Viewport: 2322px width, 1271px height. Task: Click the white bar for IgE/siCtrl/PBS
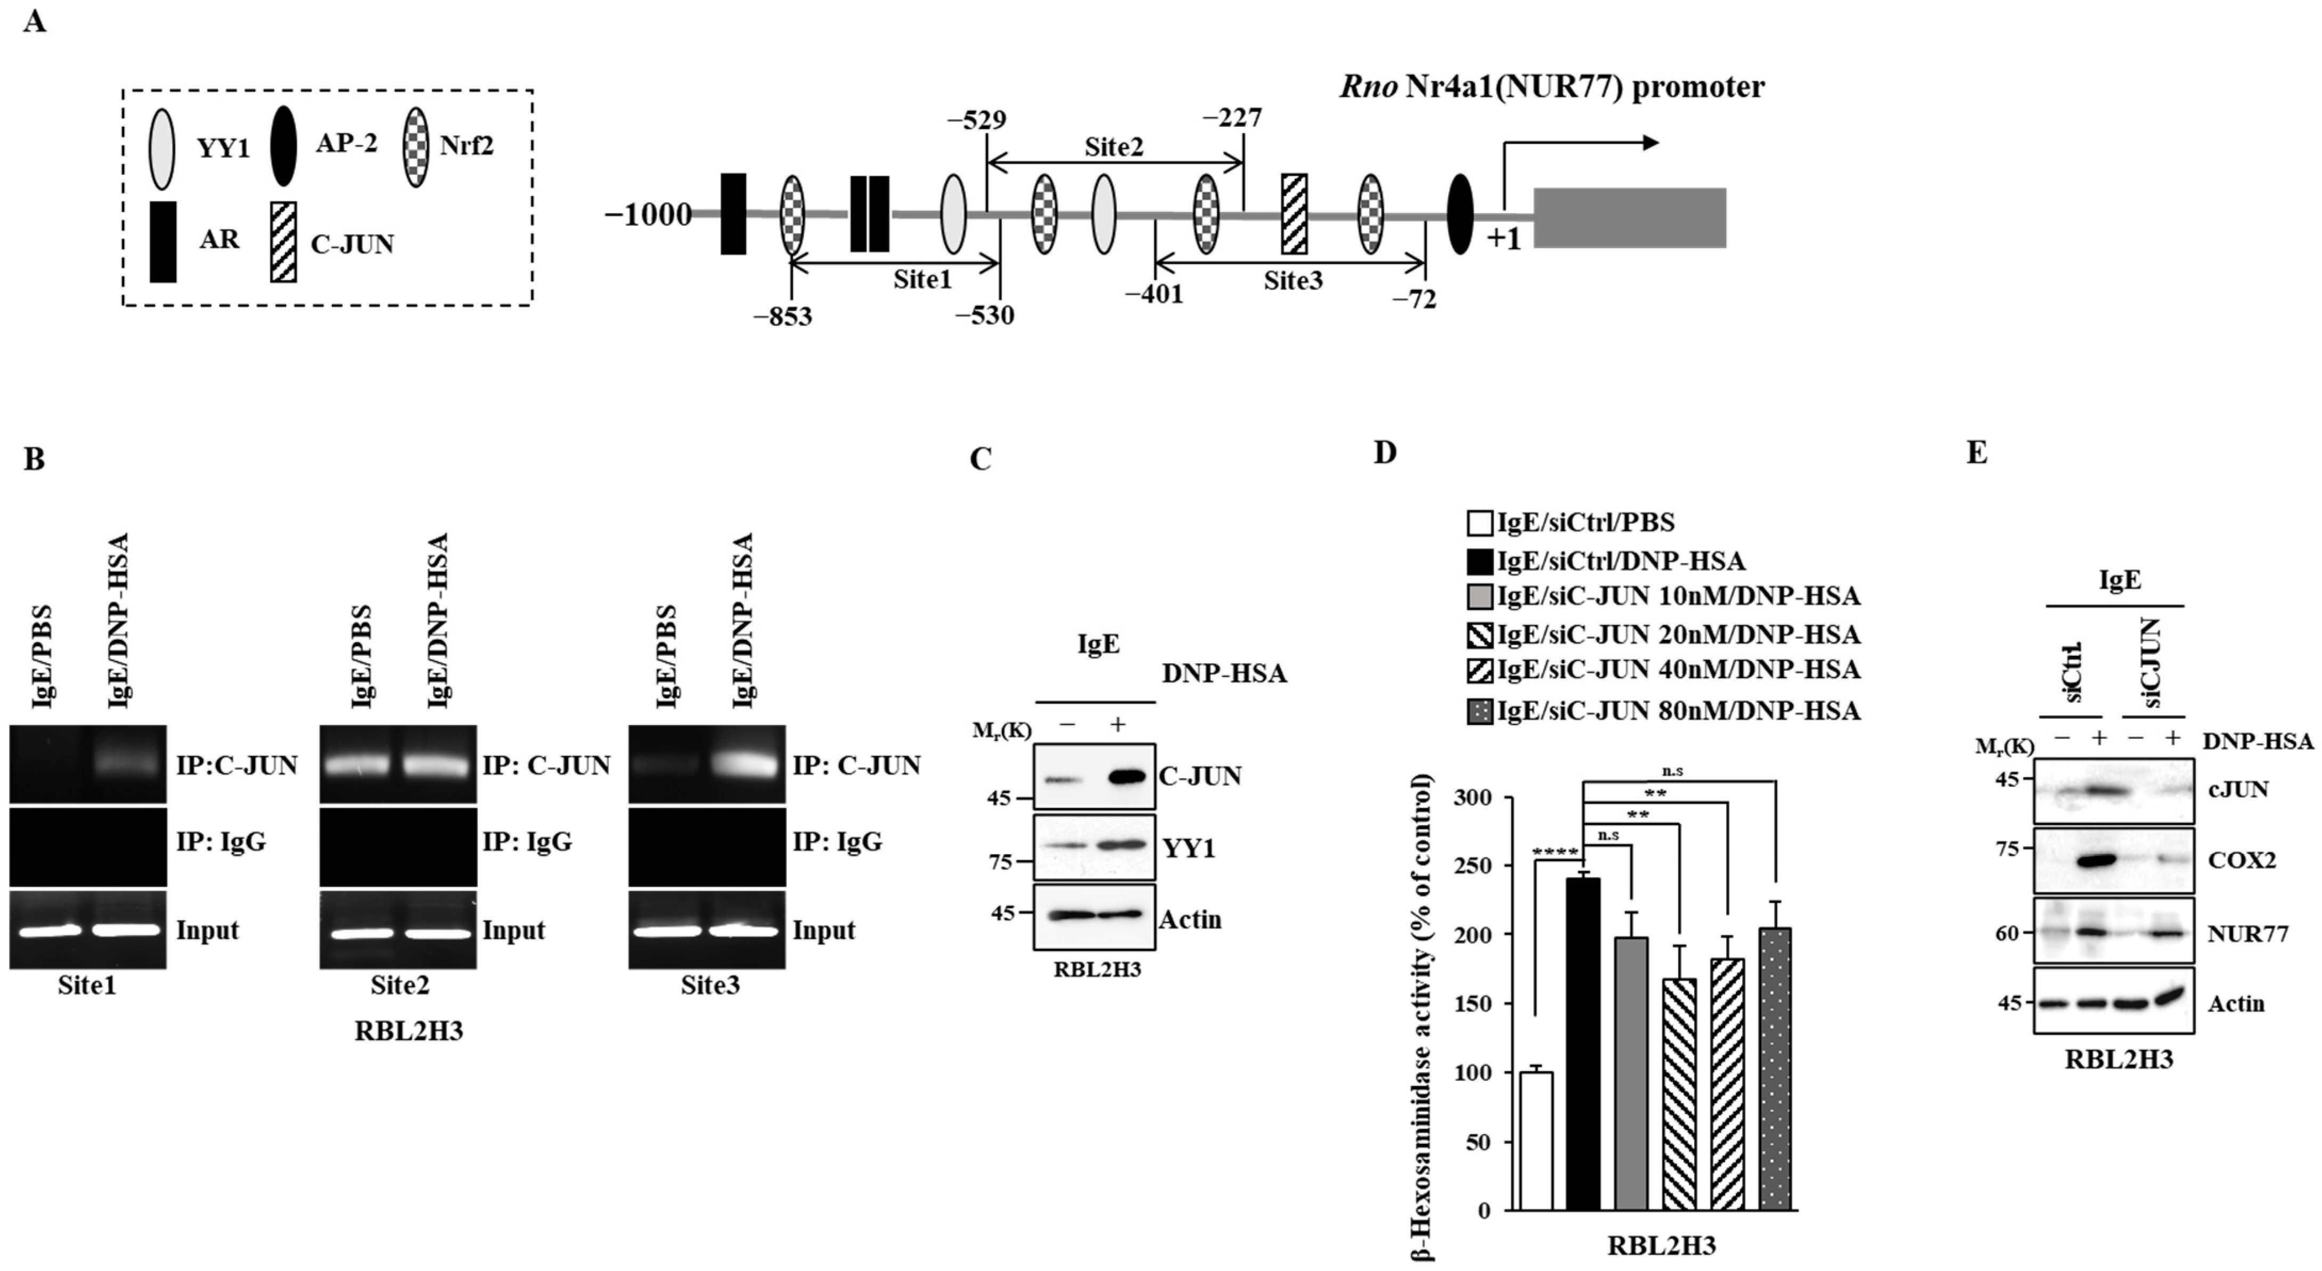1536,1140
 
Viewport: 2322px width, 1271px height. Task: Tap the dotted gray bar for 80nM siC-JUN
1775,1068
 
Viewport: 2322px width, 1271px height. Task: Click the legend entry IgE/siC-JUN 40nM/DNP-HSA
1664,670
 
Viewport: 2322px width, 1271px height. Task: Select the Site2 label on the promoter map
1114,147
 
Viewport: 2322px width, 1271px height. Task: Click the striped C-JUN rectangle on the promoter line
1294,214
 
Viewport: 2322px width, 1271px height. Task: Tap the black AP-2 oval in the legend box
284,146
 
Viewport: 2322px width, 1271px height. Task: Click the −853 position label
783,317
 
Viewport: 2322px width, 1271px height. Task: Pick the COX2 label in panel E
2241,860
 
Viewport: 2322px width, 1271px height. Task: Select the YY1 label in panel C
1189,848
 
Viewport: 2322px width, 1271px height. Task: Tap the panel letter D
1385,452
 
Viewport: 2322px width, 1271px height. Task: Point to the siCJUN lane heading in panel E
2152,663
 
